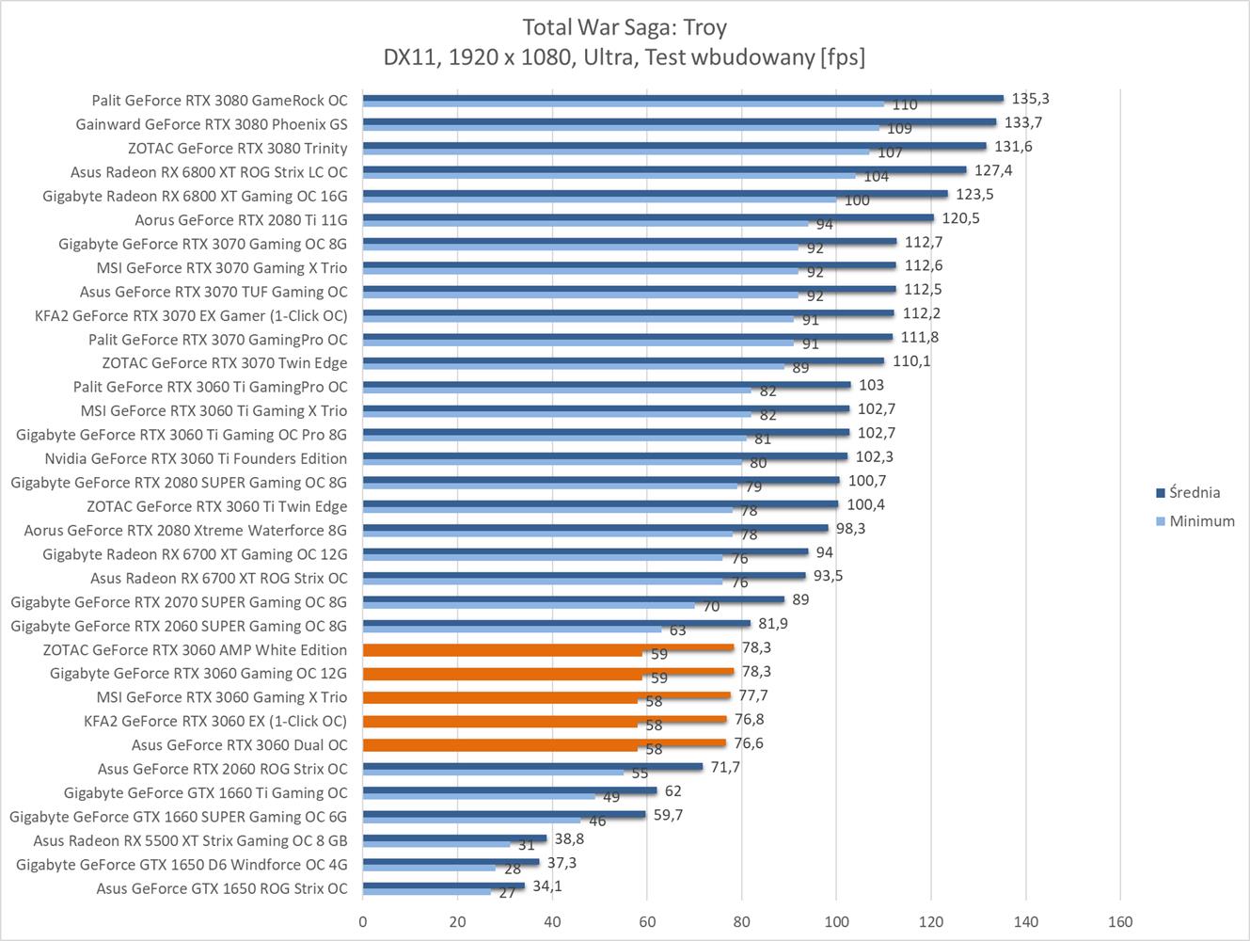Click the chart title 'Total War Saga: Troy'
[x=625, y=26]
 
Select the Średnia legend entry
[x=1195, y=492]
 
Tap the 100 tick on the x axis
[x=836, y=921]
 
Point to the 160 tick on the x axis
[x=1120, y=921]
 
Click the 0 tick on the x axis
[x=363, y=921]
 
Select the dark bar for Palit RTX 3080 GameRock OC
[x=683, y=97]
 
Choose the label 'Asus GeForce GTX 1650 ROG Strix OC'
[x=222, y=888]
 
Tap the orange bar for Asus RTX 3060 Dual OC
[x=544, y=742]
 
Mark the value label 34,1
[x=546, y=885]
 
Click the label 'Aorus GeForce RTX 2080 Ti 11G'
[x=241, y=219]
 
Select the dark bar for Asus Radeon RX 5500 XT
[x=454, y=837]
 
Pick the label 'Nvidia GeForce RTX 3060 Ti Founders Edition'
[x=196, y=458]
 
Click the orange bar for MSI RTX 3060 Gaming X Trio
[x=546, y=695]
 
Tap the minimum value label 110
[x=904, y=105]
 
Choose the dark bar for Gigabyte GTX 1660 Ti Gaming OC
[x=510, y=790]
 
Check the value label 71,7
[x=725, y=767]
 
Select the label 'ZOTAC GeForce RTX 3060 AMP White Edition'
[x=195, y=649]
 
